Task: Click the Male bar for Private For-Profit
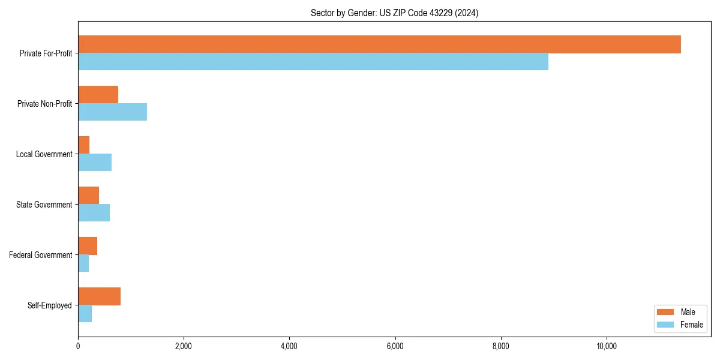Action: coord(379,44)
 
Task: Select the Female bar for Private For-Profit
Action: coord(313,62)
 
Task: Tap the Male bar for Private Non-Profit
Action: coord(98,95)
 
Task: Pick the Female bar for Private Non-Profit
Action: coord(112,112)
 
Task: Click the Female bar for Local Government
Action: coord(95,163)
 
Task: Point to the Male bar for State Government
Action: coord(88,196)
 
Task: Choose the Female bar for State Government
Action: coord(94,213)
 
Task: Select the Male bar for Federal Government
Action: coord(88,246)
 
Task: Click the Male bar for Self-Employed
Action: coord(99,296)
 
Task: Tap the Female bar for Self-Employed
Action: coord(85,314)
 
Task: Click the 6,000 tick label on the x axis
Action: coord(395,346)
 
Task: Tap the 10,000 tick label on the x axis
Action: coord(607,346)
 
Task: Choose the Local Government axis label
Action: coord(44,154)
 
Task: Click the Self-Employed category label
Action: coord(50,305)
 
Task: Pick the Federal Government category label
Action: coord(41,255)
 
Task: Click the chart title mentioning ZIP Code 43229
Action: coord(394,13)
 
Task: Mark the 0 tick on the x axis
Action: coord(78,346)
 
